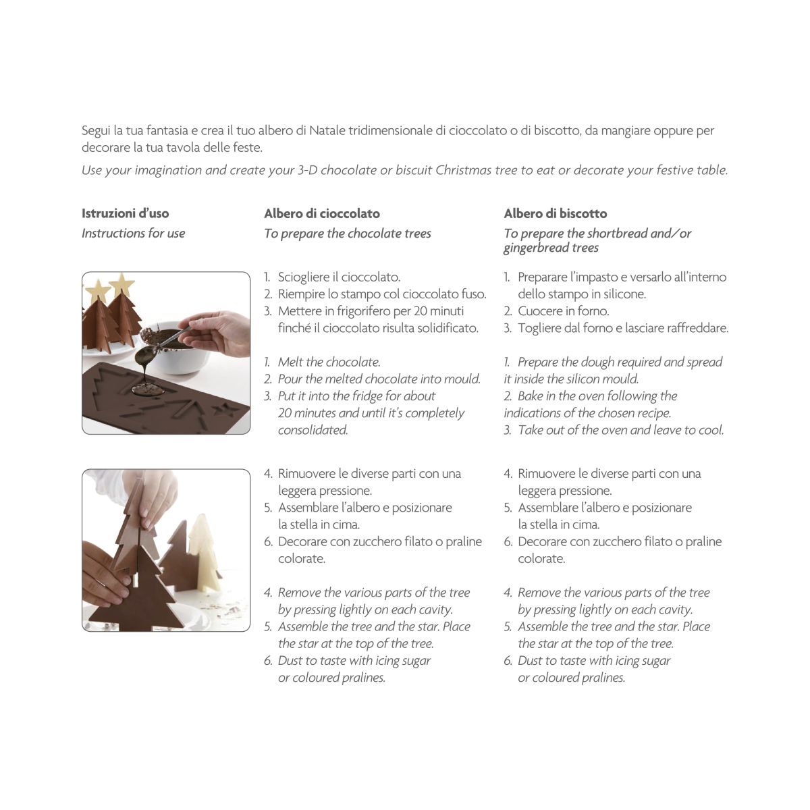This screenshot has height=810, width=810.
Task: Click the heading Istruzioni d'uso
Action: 126,213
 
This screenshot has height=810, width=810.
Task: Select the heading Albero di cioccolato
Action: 322,213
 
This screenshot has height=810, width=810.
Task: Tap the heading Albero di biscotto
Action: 556,213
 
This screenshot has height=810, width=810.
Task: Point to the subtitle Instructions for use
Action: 133,234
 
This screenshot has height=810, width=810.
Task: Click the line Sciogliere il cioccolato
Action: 332,277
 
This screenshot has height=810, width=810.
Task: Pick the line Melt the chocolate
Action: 323,362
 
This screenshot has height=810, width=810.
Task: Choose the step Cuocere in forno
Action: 556,311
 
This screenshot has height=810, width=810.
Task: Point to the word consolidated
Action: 313,430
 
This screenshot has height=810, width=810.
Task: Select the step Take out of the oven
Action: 614,430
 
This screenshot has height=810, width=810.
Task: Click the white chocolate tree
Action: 205,550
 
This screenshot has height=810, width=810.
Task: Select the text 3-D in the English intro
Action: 307,170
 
